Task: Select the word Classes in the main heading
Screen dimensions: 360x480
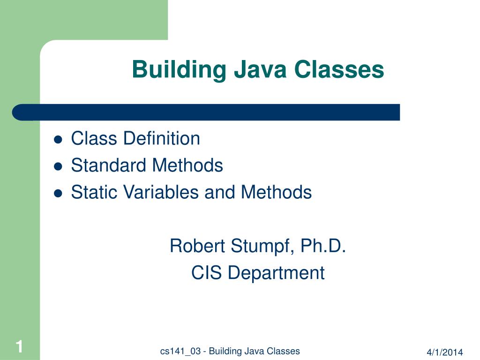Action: click(339, 69)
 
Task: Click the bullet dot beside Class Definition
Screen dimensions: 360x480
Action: click(59, 139)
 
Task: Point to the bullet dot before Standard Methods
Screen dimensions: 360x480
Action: click(59, 166)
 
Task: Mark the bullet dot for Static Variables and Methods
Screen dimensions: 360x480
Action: click(59, 193)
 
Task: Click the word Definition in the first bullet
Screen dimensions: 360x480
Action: click(161, 139)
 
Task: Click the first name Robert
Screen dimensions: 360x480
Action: click(197, 246)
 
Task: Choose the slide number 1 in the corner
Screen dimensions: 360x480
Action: click(19, 347)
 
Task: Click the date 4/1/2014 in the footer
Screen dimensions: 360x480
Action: click(444, 352)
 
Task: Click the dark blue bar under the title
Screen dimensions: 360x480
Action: click(206, 112)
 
